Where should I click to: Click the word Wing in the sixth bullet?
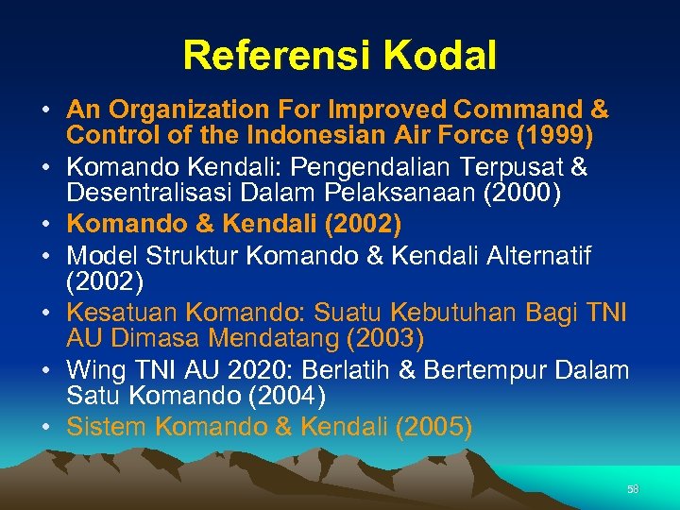[93, 370]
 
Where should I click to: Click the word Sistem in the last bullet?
[106, 427]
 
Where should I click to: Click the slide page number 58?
[633, 489]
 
